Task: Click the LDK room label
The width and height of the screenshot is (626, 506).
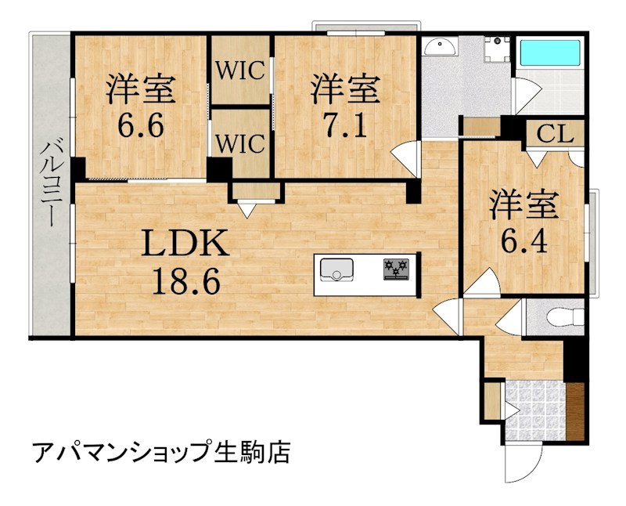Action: (x=185, y=245)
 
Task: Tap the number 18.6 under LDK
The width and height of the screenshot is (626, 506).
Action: (x=185, y=280)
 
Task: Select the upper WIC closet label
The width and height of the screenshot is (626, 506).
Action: (x=241, y=70)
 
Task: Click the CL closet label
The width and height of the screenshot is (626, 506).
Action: (x=556, y=133)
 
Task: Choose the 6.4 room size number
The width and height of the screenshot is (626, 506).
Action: (x=523, y=237)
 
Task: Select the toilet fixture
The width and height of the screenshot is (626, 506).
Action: (x=565, y=316)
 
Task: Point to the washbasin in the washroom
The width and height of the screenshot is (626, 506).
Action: (x=441, y=48)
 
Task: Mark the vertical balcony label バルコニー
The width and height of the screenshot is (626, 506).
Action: (x=52, y=184)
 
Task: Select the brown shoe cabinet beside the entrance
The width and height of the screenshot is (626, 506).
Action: (x=576, y=410)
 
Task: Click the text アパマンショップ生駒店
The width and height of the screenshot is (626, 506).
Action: (x=161, y=452)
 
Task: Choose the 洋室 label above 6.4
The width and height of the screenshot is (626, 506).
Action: (x=523, y=204)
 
